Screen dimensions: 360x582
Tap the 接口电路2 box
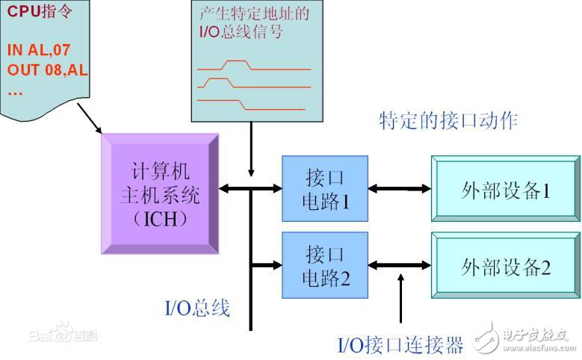324,265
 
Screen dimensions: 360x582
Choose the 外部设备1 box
505,190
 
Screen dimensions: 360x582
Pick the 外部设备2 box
505,267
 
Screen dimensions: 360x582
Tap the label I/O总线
196,308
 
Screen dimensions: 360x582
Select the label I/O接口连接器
400,345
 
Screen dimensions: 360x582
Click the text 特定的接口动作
448,120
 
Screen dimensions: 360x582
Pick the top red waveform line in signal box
254,66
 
